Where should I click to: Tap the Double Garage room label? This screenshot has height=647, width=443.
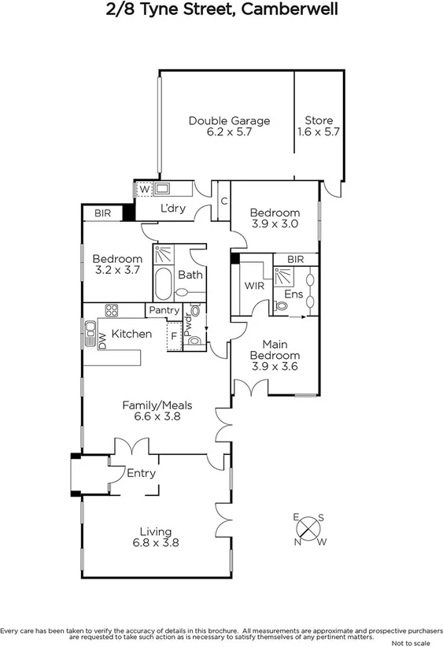(x=229, y=120)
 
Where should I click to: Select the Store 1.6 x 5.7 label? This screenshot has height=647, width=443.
(x=318, y=120)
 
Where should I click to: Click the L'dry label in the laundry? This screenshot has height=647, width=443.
(x=172, y=209)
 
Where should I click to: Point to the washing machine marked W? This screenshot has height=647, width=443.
(x=144, y=189)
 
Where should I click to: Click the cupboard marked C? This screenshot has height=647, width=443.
(x=223, y=201)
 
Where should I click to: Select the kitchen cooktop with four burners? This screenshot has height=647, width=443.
(x=112, y=310)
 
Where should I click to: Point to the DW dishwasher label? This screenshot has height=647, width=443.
(x=102, y=340)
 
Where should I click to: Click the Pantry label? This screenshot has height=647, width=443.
(x=164, y=310)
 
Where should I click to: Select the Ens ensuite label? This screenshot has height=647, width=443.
(x=293, y=294)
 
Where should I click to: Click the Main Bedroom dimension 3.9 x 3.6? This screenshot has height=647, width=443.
(x=275, y=366)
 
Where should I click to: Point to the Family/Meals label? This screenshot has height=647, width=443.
(x=157, y=405)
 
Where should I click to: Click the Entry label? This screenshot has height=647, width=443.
(x=141, y=473)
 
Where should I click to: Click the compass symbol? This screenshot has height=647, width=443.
(x=310, y=529)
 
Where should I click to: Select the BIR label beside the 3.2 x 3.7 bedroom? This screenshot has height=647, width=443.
(x=102, y=213)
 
